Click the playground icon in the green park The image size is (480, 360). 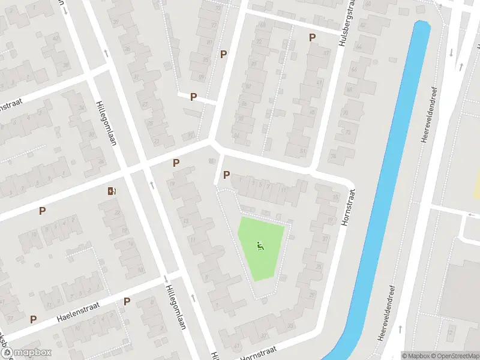coord(260,245)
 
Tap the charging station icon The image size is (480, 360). coord(112,191)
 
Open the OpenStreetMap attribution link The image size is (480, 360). coord(455,355)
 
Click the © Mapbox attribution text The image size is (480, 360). coord(416,355)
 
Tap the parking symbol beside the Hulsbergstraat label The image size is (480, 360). coord(312,37)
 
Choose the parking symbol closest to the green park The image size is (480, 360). coord(226,175)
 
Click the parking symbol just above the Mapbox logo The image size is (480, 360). coord(33,319)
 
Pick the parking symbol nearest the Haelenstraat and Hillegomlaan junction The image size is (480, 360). coord(127,301)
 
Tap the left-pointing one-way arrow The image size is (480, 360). coord(472,214)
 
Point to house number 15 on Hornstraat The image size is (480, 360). coord(335,197)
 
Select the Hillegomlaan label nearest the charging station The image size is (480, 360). coord(106,124)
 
